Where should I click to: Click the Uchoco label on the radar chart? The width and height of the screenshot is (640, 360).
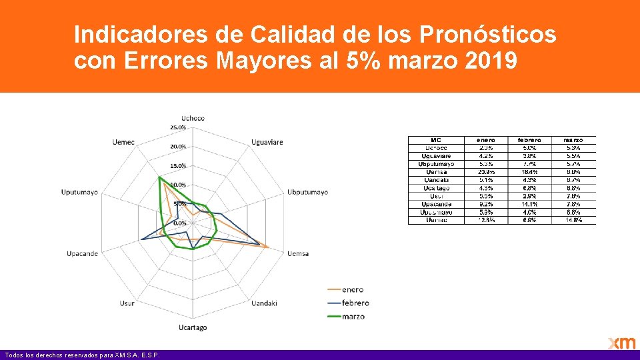(193, 119)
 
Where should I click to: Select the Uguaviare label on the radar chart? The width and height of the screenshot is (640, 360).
(267, 142)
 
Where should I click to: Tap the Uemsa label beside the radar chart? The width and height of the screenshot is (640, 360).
(298, 253)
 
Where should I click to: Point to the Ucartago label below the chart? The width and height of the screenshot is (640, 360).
(193, 327)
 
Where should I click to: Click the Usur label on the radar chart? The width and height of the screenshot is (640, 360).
(127, 303)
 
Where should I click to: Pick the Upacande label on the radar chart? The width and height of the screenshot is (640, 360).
(83, 253)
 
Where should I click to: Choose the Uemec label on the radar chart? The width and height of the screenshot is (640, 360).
(123, 142)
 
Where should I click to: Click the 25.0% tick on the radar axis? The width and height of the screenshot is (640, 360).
(178, 127)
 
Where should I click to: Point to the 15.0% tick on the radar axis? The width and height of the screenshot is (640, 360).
(178, 166)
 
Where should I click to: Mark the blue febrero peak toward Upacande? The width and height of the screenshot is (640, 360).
(140, 240)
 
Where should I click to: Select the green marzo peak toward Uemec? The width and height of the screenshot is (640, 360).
(159, 178)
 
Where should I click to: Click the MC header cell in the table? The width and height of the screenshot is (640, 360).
(436, 140)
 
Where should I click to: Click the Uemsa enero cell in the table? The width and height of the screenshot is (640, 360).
(485, 172)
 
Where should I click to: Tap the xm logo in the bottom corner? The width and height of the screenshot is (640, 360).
(621, 343)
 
